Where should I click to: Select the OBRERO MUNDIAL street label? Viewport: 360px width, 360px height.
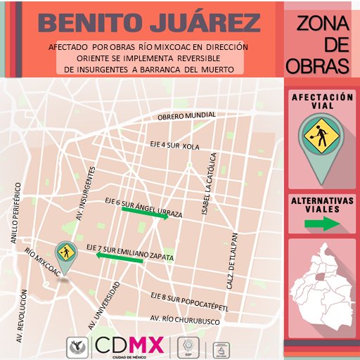point(186,115)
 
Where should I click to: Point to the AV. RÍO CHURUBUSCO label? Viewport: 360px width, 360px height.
point(180,321)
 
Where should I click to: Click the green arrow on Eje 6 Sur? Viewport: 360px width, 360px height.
point(145,217)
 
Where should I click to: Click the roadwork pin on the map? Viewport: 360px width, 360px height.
point(66,257)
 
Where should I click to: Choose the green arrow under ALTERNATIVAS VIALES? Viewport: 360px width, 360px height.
point(322,224)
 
